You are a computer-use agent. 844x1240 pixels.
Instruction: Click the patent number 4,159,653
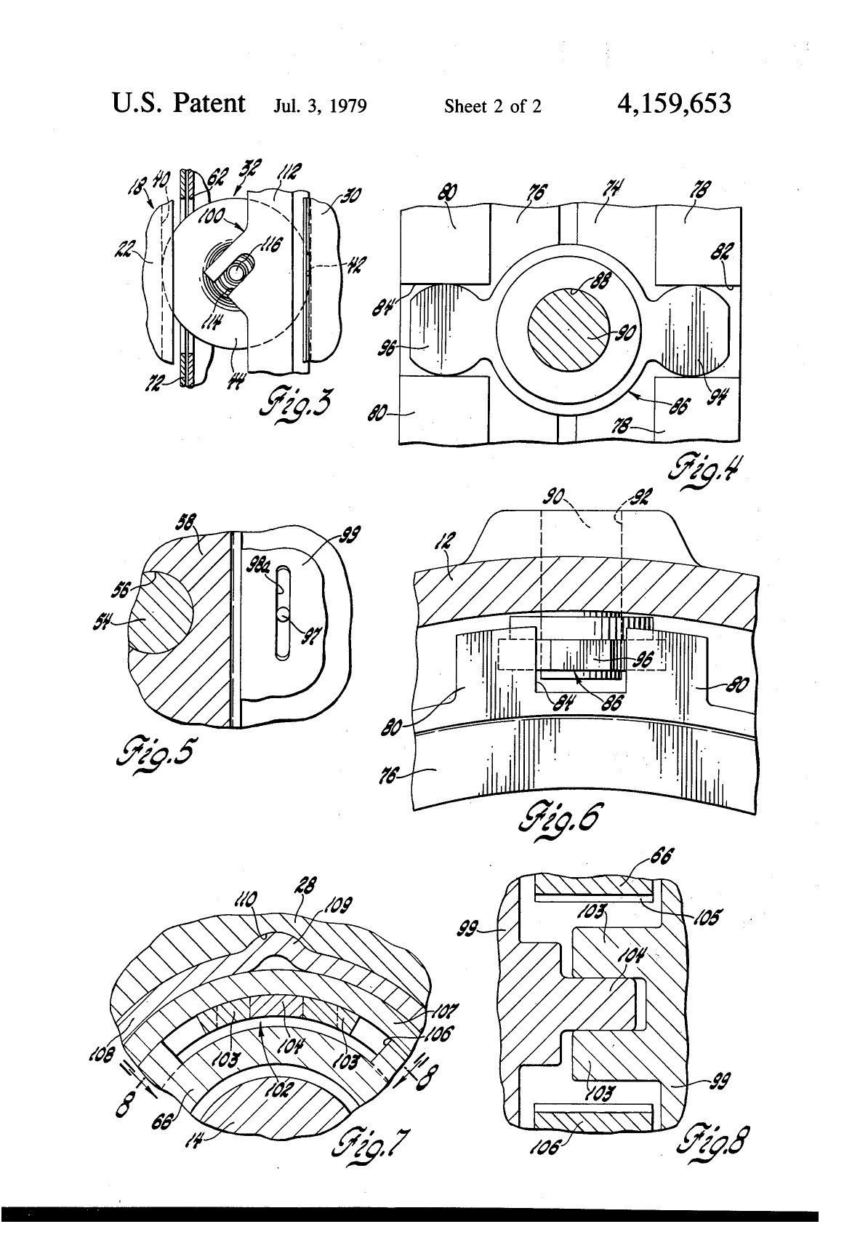coord(673,104)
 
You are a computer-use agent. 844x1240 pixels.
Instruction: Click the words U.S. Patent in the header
coord(178,103)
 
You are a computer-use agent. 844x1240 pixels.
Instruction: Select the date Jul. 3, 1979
coord(320,107)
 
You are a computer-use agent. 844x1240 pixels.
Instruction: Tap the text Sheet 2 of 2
coord(493,107)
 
